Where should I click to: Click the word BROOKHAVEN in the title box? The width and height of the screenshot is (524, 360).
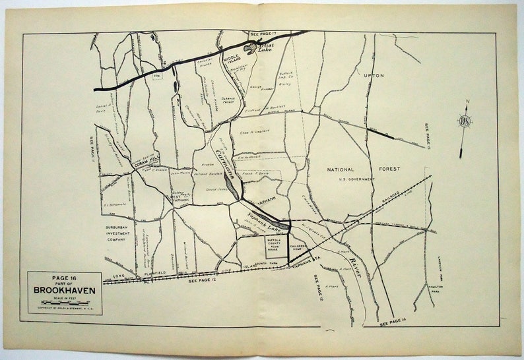[65, 289]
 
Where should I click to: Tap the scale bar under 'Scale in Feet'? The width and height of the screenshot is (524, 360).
[65, 303]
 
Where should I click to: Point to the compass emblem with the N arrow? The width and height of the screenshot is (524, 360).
[465, 121]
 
